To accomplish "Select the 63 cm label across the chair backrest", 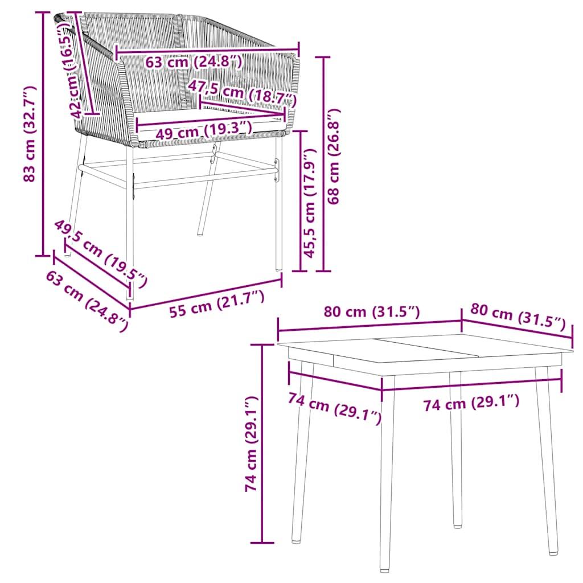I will coord(194,61).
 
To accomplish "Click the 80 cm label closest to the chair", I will coord(371,312).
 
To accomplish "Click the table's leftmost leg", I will coord(302,450).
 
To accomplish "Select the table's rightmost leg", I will coord(546,455).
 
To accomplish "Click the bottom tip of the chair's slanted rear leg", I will coord(200,232).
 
